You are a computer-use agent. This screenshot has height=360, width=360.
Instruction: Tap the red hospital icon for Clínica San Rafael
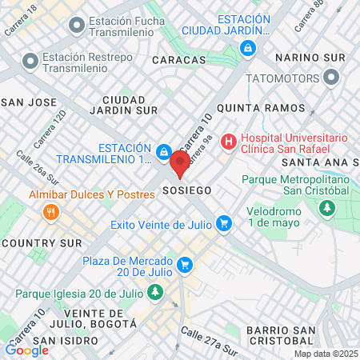point(230,142)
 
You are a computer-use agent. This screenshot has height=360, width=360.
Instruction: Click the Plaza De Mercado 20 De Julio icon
point(186,263)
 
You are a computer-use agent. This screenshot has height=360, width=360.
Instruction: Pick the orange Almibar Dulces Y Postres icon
point(52,212)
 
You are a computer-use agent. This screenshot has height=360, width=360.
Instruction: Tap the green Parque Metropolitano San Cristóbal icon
point(326,208)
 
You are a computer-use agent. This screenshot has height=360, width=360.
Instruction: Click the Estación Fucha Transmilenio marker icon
point(76,26)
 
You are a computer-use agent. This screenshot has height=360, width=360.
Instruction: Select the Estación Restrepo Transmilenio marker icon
point(30,61)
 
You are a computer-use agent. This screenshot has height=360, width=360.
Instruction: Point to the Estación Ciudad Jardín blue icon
point(249,48)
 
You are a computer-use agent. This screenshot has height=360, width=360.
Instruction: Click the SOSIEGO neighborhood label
point(186,191)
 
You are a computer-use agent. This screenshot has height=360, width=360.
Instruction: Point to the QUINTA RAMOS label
point(262,107)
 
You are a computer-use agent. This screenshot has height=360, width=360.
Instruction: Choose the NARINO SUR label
point(310,58)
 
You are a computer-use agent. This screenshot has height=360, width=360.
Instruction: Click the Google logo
point(26,350)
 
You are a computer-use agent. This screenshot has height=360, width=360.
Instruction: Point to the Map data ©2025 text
point(326,354)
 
